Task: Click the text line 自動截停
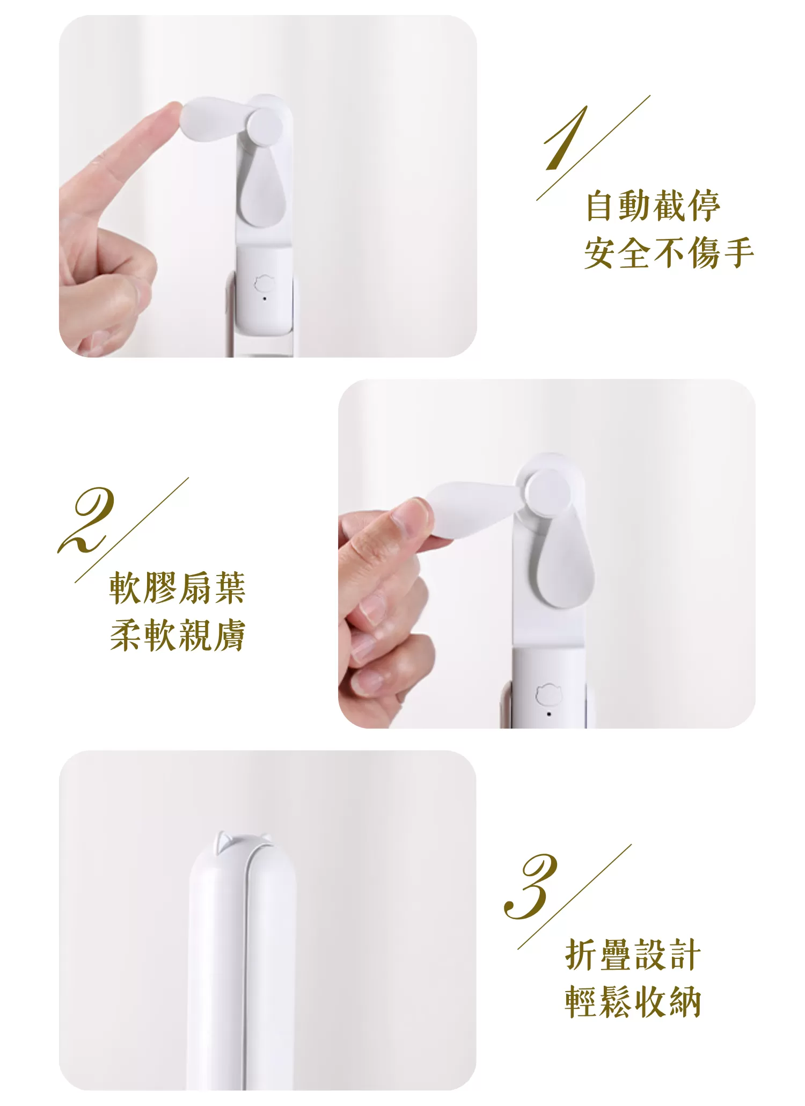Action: pos(652,206)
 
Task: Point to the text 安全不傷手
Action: pos(669,253)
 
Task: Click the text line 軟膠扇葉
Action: pos(177,588)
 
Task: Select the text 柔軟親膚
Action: pos(177,635)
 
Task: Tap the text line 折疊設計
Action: pos(633,955)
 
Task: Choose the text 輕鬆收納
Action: pos(633,1002)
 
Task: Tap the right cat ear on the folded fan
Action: pos(266,839)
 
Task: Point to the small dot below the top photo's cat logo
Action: pos(264,299)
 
